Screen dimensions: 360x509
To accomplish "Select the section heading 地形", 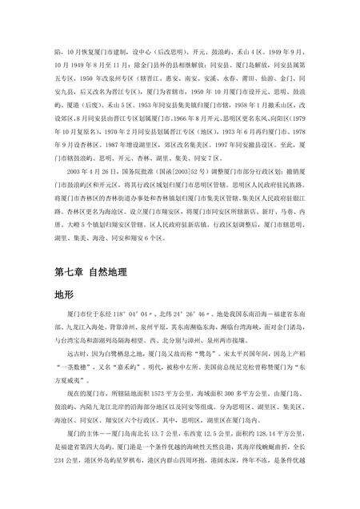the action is tap(63, 295).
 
